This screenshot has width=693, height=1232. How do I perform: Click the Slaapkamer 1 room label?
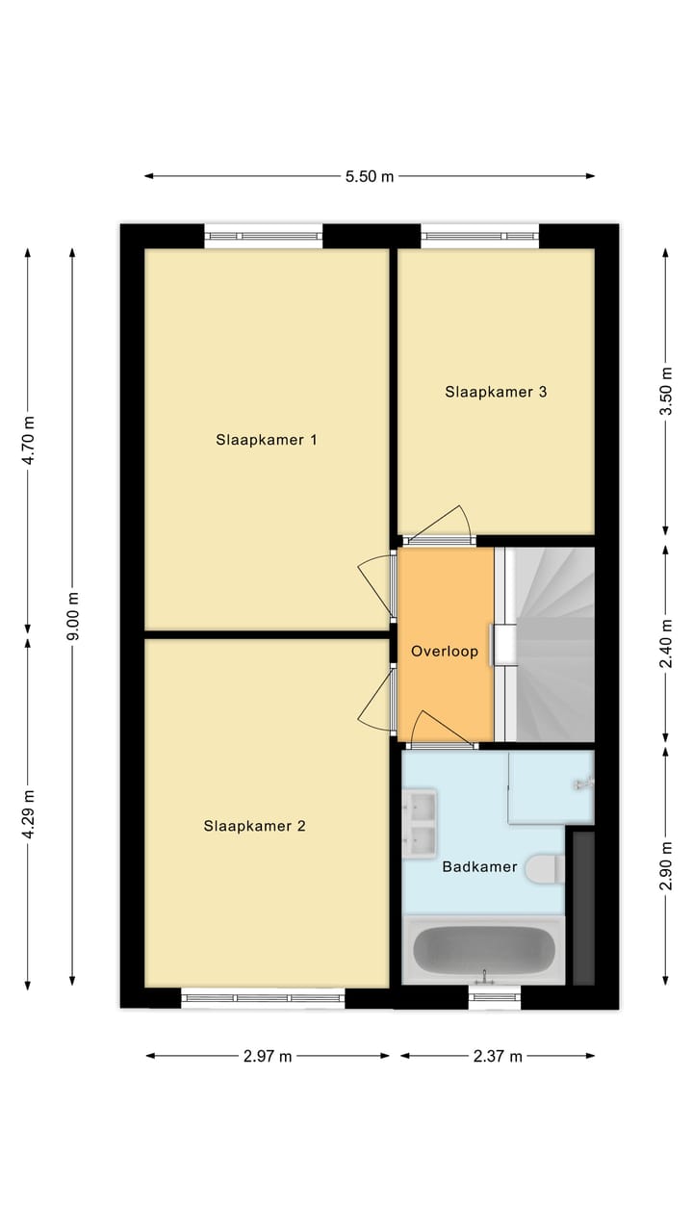(267, 440)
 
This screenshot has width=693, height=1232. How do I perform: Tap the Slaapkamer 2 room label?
(254, 826)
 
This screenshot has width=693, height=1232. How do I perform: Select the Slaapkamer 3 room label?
(496, 392)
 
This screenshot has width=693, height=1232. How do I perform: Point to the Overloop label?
(445, 652)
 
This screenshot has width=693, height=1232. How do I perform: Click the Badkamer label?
(479, 867)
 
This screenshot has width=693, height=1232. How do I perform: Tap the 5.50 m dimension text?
(370, 176)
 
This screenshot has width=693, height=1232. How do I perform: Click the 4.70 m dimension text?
(28, 440)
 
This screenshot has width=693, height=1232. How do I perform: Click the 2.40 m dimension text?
(665, 644)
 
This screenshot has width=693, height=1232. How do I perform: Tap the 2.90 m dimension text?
(665, 866)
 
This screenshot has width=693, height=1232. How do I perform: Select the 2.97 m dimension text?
(268, 1056)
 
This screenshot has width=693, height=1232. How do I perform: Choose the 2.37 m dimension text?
(498, 1056)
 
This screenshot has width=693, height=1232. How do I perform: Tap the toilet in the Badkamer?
(546, 869)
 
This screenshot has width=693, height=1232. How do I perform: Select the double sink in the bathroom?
(420, 822)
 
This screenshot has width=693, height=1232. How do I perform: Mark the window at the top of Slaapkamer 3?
(479, 236)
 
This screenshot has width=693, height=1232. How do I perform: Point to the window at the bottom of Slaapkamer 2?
(263, 998)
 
